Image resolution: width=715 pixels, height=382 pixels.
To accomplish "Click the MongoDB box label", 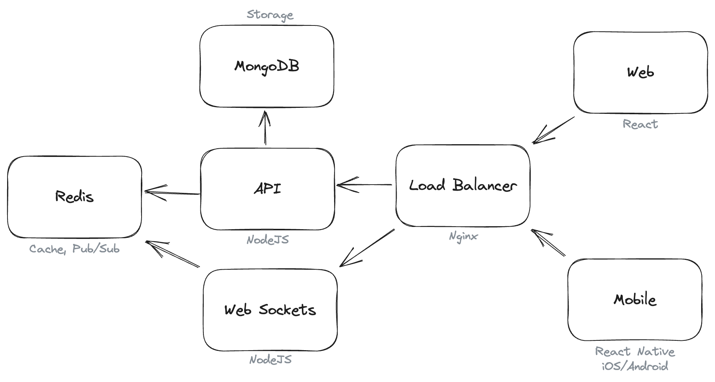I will tap(267, 67).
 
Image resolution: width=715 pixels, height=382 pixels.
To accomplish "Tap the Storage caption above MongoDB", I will tap(270, 15).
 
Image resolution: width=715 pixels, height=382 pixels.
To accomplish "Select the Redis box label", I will tap(74, 196).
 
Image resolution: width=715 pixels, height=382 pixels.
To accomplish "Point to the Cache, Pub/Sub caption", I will tap(74, 249).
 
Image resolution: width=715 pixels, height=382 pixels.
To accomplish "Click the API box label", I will tap(267, 188).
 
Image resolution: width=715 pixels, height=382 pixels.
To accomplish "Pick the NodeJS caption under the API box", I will tap(267, 240).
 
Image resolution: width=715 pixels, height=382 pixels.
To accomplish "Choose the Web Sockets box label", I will tap(270, 310).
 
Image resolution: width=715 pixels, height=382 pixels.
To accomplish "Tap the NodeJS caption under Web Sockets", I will tap(270, 360).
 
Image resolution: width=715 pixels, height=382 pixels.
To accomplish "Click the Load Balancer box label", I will tap(463, 185).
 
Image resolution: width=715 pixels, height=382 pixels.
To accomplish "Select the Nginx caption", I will tap(463, 236).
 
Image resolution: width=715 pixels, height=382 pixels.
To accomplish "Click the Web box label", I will tap(640, 72).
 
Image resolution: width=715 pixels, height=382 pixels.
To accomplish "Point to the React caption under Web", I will tap(640, 124).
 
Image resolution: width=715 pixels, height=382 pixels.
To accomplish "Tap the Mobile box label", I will tap(635, 300).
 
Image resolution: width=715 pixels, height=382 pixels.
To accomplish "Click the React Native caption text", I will tap(635, 352).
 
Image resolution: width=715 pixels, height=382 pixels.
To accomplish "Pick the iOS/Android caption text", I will tap(635, 366).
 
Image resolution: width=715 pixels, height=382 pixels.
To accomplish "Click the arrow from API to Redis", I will tap(172, 192).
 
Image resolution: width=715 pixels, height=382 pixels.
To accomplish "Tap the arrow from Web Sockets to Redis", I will tap(172, 254).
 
